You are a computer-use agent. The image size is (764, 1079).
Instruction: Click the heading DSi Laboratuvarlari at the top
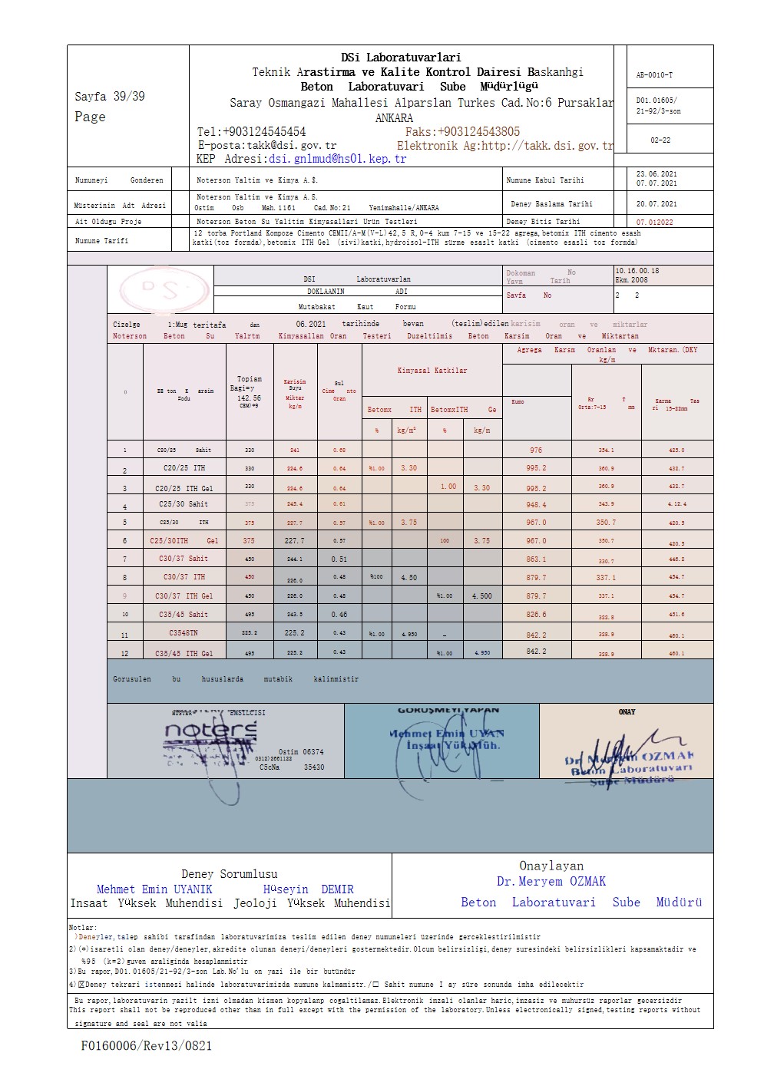point(401,58)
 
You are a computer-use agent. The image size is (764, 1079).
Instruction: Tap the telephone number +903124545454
point(251,132)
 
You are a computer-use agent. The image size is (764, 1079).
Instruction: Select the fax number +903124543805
point(462,132)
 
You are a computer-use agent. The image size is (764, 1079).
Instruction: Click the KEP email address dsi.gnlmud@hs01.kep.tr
point(337,159)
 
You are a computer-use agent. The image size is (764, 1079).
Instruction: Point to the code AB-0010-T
point(654,75)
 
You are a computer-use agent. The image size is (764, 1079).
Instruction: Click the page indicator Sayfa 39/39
point(110,97)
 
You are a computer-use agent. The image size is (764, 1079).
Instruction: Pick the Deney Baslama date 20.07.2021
point(657,204)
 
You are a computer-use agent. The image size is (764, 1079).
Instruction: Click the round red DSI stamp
point(164,289)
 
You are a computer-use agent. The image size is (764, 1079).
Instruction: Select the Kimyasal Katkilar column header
point(432,371)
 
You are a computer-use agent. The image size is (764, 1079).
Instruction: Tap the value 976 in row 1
point(536,450)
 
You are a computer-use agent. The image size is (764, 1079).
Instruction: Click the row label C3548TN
point(184,634)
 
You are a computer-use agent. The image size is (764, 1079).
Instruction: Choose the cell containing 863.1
point(536,559)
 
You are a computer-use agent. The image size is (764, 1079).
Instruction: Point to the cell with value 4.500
point(481,596)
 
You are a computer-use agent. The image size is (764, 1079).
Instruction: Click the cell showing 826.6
point(536,615)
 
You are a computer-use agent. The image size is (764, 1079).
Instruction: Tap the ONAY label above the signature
point(627,712)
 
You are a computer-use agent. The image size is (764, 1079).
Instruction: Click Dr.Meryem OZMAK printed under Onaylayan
point(551,882)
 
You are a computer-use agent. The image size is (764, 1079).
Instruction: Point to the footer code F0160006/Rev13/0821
point(146,1045)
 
